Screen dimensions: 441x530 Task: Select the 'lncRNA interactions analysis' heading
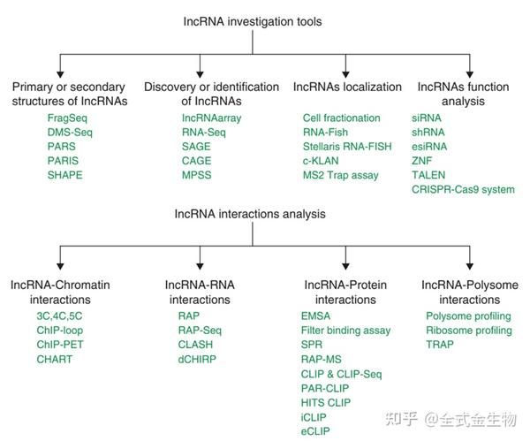262,213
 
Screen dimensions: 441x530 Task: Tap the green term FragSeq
67,118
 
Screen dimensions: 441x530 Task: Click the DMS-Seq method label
70,132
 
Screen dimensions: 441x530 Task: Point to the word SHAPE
65,175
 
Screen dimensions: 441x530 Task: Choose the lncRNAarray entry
211,118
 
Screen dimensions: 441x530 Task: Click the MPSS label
197,175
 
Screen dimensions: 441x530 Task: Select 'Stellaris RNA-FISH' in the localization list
346,147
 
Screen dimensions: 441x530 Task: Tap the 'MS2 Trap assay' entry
340,175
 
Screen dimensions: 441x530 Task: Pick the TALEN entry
429,175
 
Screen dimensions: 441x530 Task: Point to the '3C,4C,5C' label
59,316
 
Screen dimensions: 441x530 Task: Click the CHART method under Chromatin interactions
56,359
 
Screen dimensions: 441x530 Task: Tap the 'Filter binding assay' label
345,330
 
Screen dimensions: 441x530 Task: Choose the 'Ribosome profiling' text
468,330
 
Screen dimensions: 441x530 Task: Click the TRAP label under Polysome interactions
440,344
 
